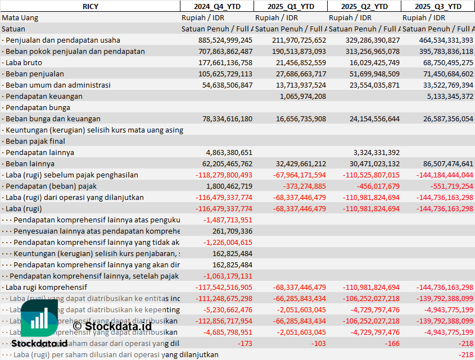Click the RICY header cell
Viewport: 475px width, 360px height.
coord(90,6)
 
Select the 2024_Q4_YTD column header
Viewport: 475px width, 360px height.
coord(216,6)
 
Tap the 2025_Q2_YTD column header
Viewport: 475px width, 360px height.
coord(365,6)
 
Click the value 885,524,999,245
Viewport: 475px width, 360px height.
coord(225,40)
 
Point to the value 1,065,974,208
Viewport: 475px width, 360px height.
coord(302,96)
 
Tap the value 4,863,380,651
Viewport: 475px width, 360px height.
coord(229,152)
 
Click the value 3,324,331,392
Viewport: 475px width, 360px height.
coord(377,152)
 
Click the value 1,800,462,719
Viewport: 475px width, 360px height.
coord(229,186)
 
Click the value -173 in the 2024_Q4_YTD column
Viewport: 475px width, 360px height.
coord(245,343)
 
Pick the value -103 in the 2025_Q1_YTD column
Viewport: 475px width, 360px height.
coord(319,343)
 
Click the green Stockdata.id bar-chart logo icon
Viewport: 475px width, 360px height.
coord(39,318)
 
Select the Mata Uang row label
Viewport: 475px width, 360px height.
coord(20,17)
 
